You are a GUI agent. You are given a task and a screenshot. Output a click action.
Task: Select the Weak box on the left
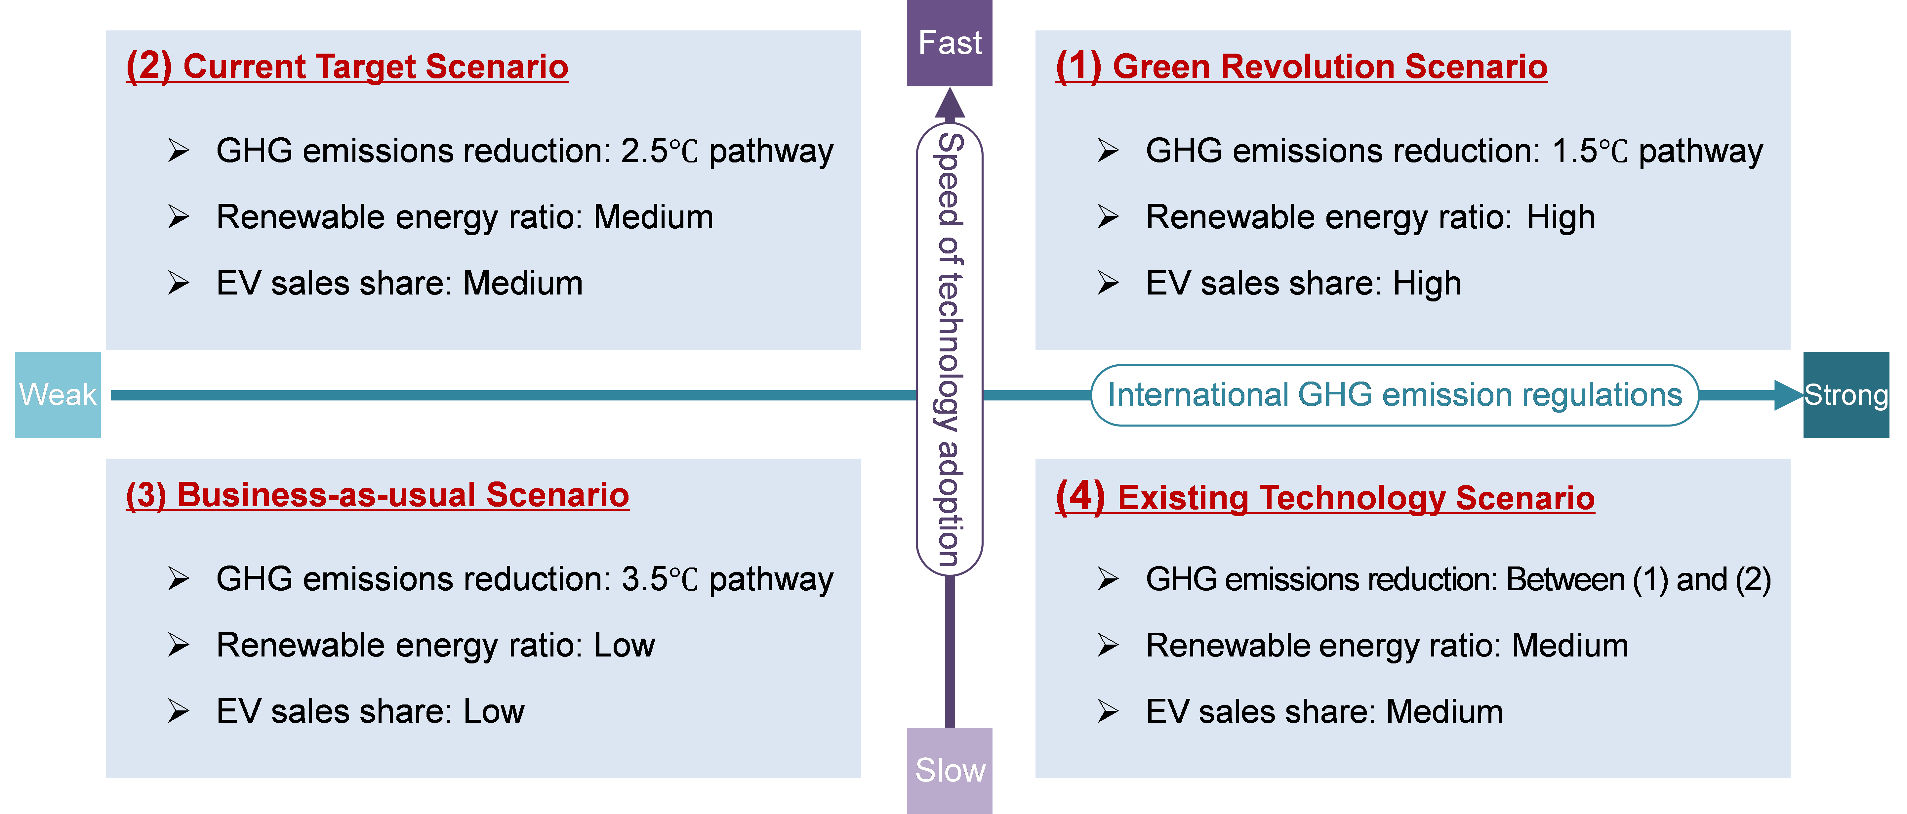[58, 395]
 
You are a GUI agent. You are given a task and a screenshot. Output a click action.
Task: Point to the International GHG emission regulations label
[1395, 395]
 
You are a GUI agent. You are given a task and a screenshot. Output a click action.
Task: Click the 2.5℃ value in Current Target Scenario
[659, 151]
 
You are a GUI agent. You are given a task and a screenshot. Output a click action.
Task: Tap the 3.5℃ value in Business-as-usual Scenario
[659, 579]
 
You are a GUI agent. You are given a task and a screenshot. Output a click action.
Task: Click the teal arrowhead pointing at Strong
[1788, 395]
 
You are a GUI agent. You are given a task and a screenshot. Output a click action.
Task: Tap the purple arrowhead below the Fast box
[950, 104]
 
